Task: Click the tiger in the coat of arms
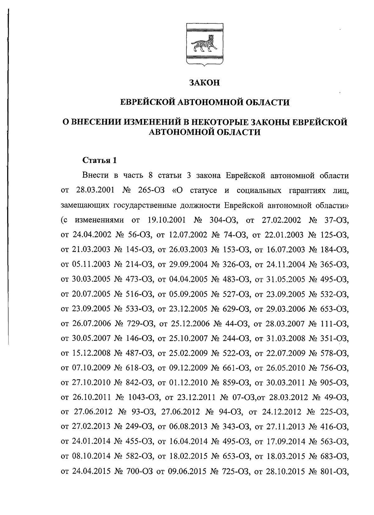[x=204, y=44]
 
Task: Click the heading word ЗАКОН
[x=205, y=83]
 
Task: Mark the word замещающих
[x=82, y=205]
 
